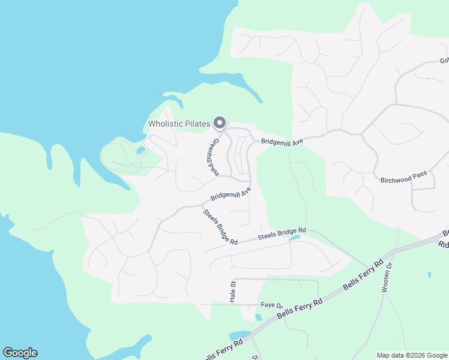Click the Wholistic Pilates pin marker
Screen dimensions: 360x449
click(219, 123)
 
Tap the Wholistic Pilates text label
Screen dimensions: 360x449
click(179, 124)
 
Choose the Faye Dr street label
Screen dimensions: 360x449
click(271, 305)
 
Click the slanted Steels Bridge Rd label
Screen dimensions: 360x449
click(220, 226)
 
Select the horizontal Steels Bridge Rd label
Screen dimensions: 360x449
click(282, 234)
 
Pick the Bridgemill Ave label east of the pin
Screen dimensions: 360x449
click(282, 141)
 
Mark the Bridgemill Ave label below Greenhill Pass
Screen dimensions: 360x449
click(231, 194)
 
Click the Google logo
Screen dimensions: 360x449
click(20, 353)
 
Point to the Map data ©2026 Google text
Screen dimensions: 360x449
click(411, 355)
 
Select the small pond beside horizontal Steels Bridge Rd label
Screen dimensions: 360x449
click(294, 238)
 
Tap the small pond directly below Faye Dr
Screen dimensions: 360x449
click(258, 317)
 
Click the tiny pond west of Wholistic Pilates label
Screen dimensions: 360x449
click(140, 150)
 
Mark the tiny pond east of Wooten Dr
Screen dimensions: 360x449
click(429, 275)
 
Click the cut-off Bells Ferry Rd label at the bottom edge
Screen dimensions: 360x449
click(223, 350)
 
